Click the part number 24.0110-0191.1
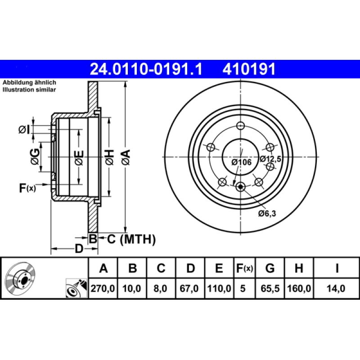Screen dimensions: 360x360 [147, 69]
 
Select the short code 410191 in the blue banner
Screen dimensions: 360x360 [248, 69]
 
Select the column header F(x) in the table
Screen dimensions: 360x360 [245, 269]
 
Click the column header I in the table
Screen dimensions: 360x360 [337, 269]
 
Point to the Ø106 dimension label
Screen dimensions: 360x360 [241, 162]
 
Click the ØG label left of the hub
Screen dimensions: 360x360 [34, 157]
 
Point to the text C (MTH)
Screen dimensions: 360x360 [130, 239]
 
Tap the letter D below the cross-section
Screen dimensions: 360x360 [79, 249]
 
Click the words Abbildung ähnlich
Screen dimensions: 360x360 [29, 83]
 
